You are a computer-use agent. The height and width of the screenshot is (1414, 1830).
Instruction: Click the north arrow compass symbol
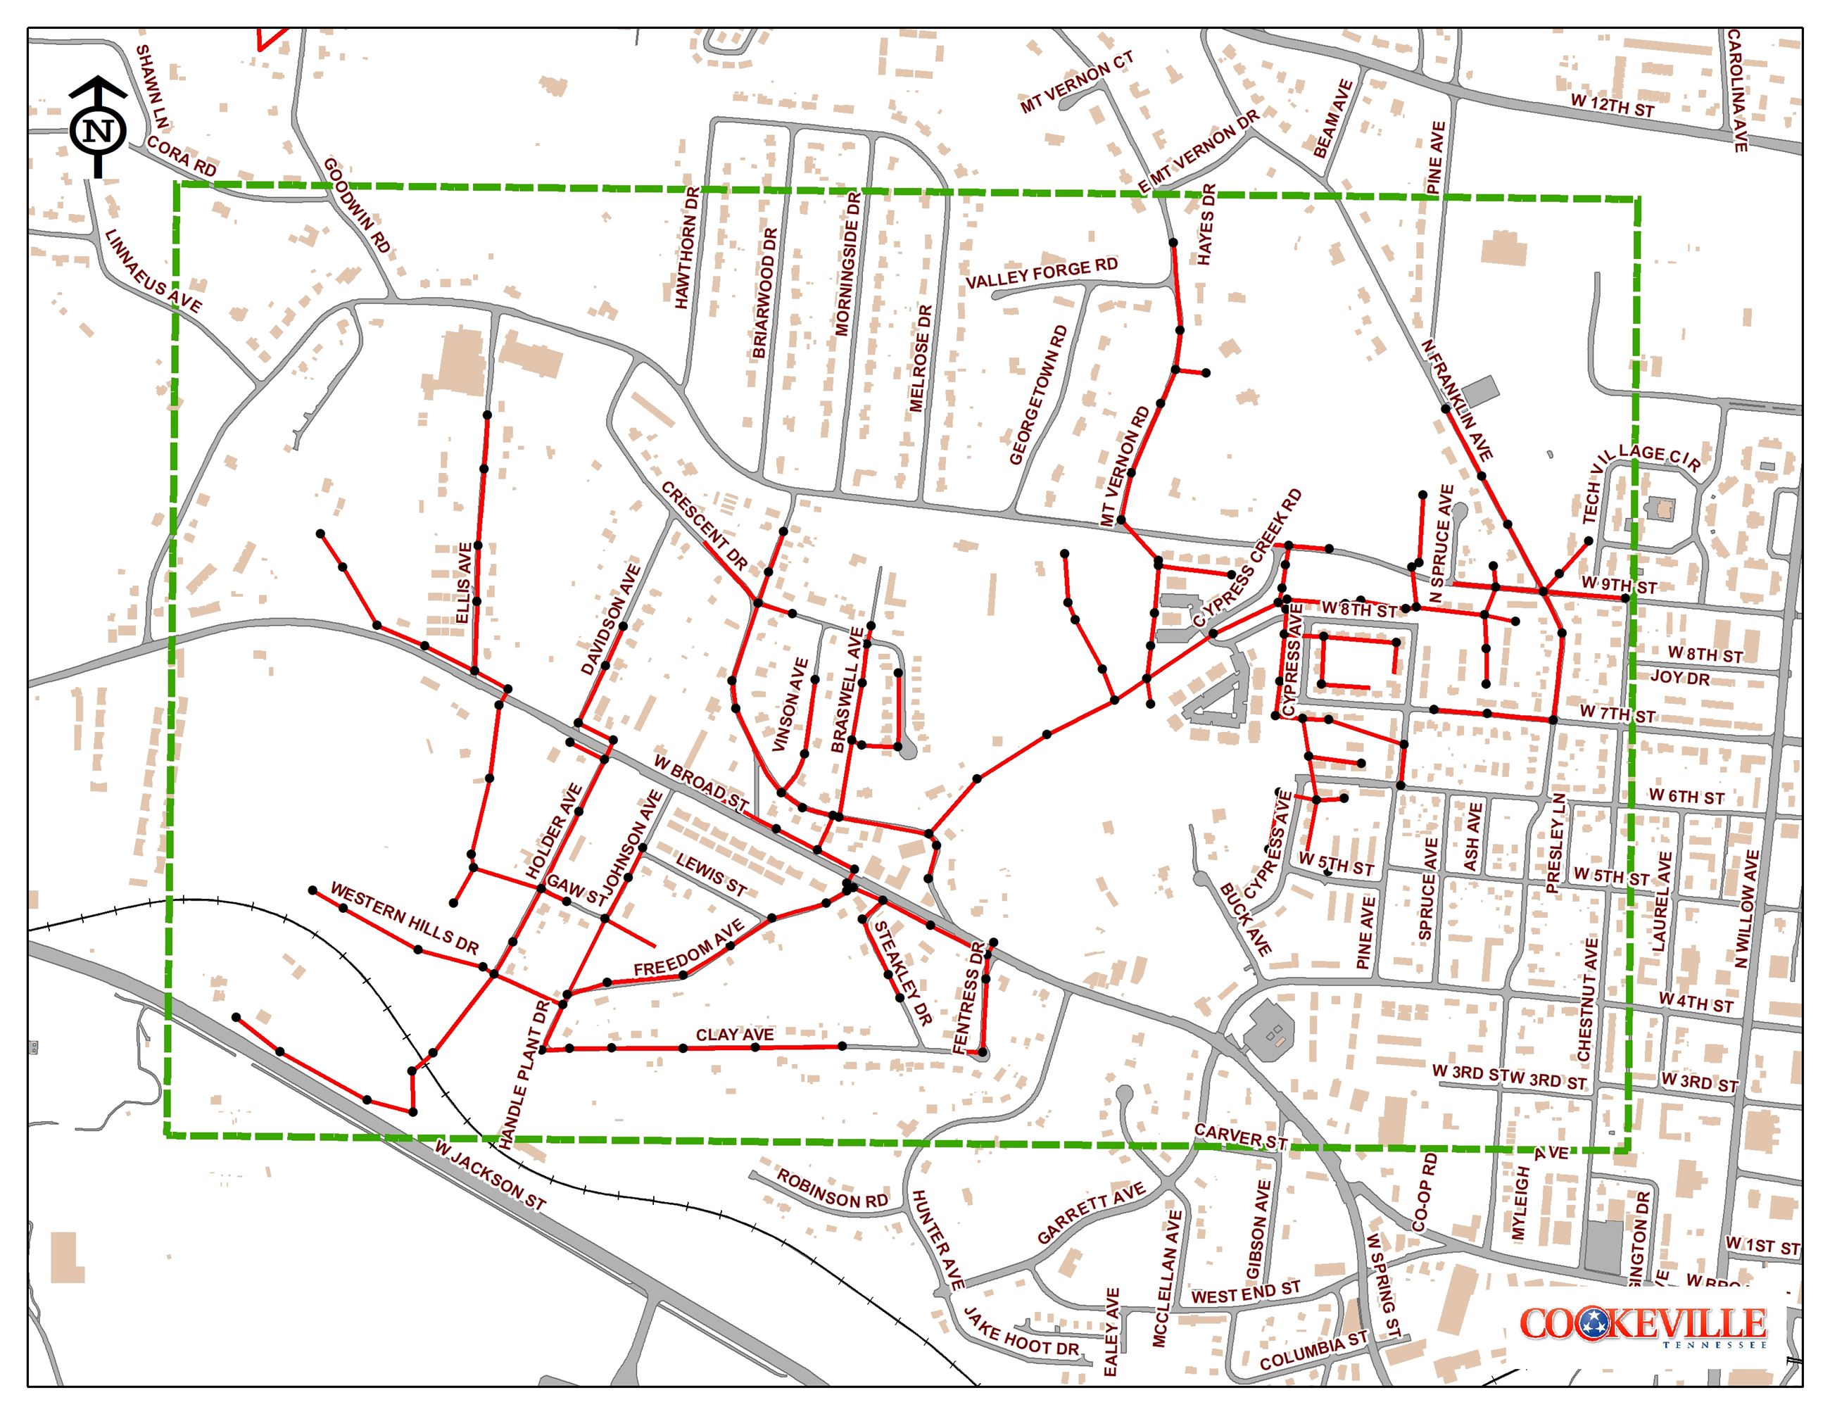98,128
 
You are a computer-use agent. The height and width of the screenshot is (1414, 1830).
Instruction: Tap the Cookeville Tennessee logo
1642,1326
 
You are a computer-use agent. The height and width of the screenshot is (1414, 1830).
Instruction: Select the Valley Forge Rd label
1042,273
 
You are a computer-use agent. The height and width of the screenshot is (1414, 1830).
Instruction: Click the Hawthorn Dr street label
687,248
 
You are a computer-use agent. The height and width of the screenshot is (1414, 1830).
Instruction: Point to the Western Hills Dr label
404,918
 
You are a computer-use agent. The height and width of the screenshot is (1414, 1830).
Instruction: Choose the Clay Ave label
735,1035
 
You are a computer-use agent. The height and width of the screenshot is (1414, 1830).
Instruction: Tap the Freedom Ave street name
689,948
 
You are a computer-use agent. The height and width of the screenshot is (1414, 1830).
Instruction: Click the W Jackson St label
490,1175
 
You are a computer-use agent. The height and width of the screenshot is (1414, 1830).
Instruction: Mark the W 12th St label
1612,106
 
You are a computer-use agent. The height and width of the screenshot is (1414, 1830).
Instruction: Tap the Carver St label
1240,1137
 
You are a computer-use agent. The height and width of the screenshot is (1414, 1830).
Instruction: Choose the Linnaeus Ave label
153,272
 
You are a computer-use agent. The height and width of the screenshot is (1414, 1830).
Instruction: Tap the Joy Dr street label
1680,677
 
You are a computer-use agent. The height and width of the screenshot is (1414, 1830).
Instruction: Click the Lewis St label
711,876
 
